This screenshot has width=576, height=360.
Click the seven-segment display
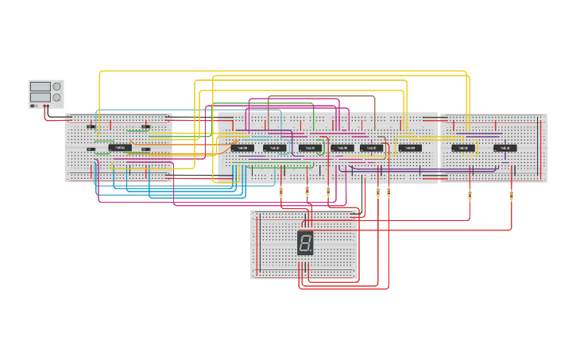[x=305, y=242]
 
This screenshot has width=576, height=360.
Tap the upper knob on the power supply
[x=56, y=87]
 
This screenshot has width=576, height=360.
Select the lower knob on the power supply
[x=56, y=97]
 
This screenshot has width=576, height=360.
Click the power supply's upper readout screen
[x=40, y=87]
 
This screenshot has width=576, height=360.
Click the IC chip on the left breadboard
[x=121, y=147]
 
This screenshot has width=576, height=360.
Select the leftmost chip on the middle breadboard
[x=242, y=148]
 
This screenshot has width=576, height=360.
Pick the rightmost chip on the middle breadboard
[x=410, y=148]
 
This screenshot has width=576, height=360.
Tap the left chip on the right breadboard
[x=463, y=148]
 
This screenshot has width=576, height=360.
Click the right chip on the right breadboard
[x=504, y=148]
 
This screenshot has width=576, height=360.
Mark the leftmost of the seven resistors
[x=280, y=192]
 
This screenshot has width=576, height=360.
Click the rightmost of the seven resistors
[x=511, y=195]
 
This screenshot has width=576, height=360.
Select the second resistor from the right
[x=470, y=195]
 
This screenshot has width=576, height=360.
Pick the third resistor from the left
[x=328, y=192]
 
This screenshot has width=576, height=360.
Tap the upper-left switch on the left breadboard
[x=91, y=126]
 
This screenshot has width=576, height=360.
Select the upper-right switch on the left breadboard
[x=146, y=126]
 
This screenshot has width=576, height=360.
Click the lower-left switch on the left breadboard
[x=91, y=149]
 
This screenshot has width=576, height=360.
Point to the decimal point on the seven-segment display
[x=311, y=251]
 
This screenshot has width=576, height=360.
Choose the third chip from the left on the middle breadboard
[x=310, y=148]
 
